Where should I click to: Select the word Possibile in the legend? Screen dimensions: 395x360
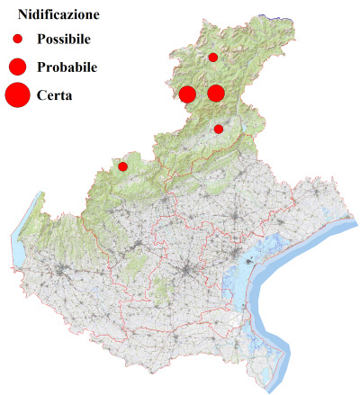pos(64,39)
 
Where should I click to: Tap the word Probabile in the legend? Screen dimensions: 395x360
pos(67,67)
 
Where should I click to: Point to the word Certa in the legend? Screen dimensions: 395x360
pos(55,94)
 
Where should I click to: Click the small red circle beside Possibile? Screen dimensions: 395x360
pos(17,39)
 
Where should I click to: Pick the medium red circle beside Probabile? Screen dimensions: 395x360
pos(17,67)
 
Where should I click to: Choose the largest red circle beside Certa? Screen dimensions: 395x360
pos(17,94)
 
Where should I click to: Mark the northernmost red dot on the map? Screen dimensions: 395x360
pos(213,58)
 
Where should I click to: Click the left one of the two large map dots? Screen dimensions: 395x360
pos(187,94)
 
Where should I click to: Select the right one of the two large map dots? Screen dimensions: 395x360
pos(216,93)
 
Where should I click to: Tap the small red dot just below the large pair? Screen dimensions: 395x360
pos(219,130)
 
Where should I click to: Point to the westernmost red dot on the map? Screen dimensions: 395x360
pos(123,166)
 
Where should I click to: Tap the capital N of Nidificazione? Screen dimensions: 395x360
pos(10,15)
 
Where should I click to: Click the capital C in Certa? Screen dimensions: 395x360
pos(42,94)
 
